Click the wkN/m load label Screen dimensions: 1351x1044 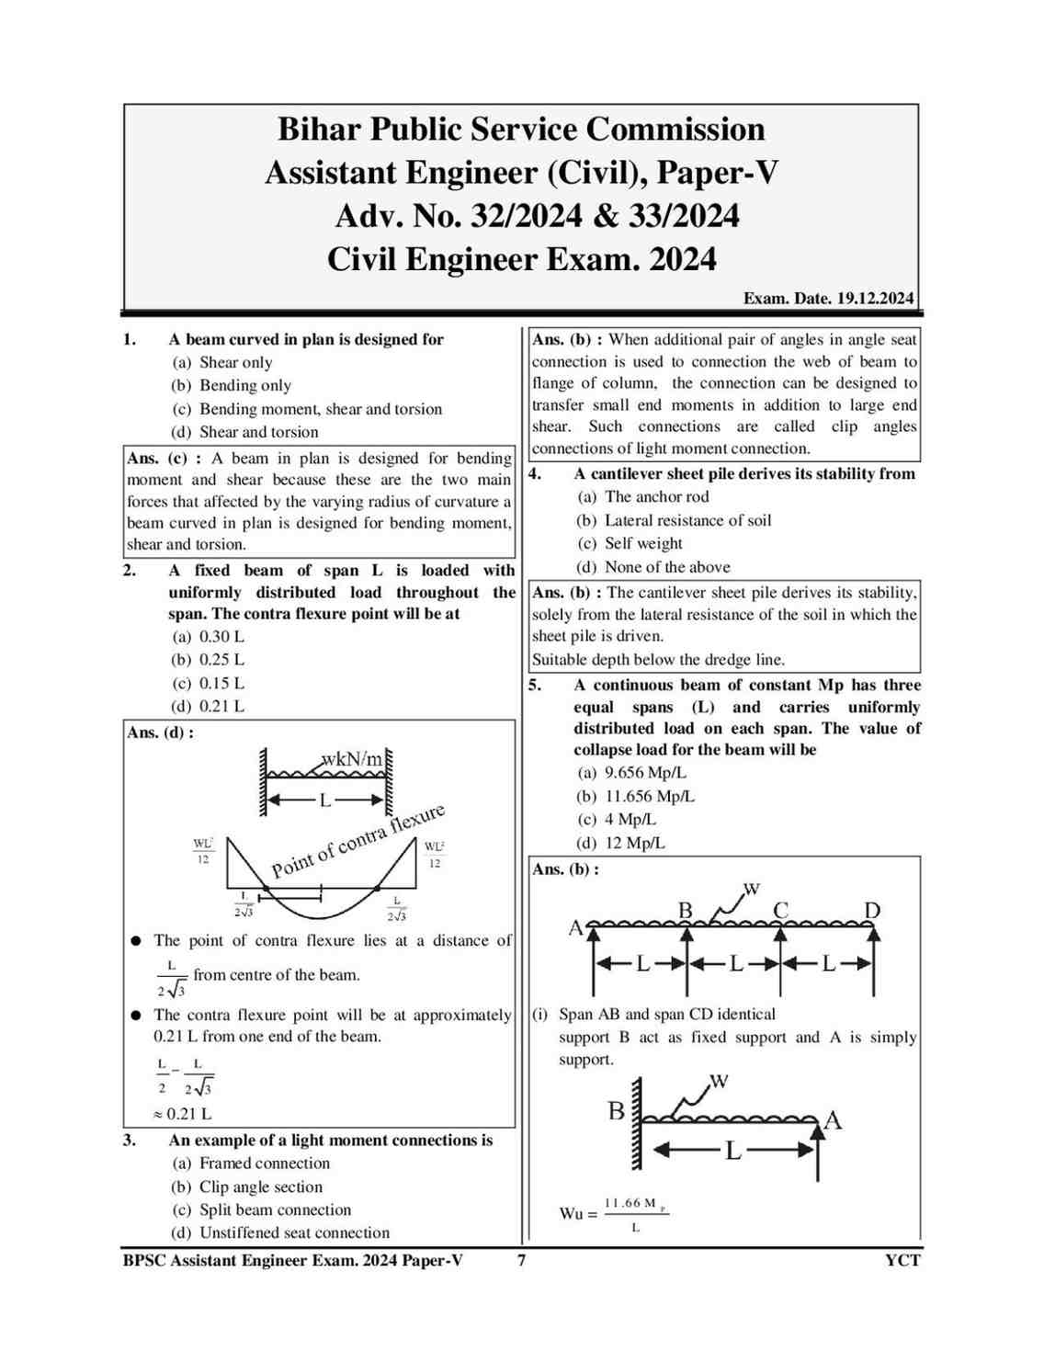tap(352, 759)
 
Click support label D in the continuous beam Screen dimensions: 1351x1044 tap(872, 911)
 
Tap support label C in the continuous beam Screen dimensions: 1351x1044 tap(780, 911)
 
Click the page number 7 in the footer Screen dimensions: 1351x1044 tap(522, 1260)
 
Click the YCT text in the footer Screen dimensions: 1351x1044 tap(902, 1260)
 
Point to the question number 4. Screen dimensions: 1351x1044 tap(535, 474)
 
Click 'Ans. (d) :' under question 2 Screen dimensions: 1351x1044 tap(161, 732)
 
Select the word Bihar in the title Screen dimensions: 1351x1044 tap(319, 129)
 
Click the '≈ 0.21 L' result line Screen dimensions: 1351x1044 tap(183, 1114)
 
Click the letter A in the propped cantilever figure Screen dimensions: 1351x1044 tap(834, 1119)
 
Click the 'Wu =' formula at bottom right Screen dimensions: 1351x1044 tap(578, 1214)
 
